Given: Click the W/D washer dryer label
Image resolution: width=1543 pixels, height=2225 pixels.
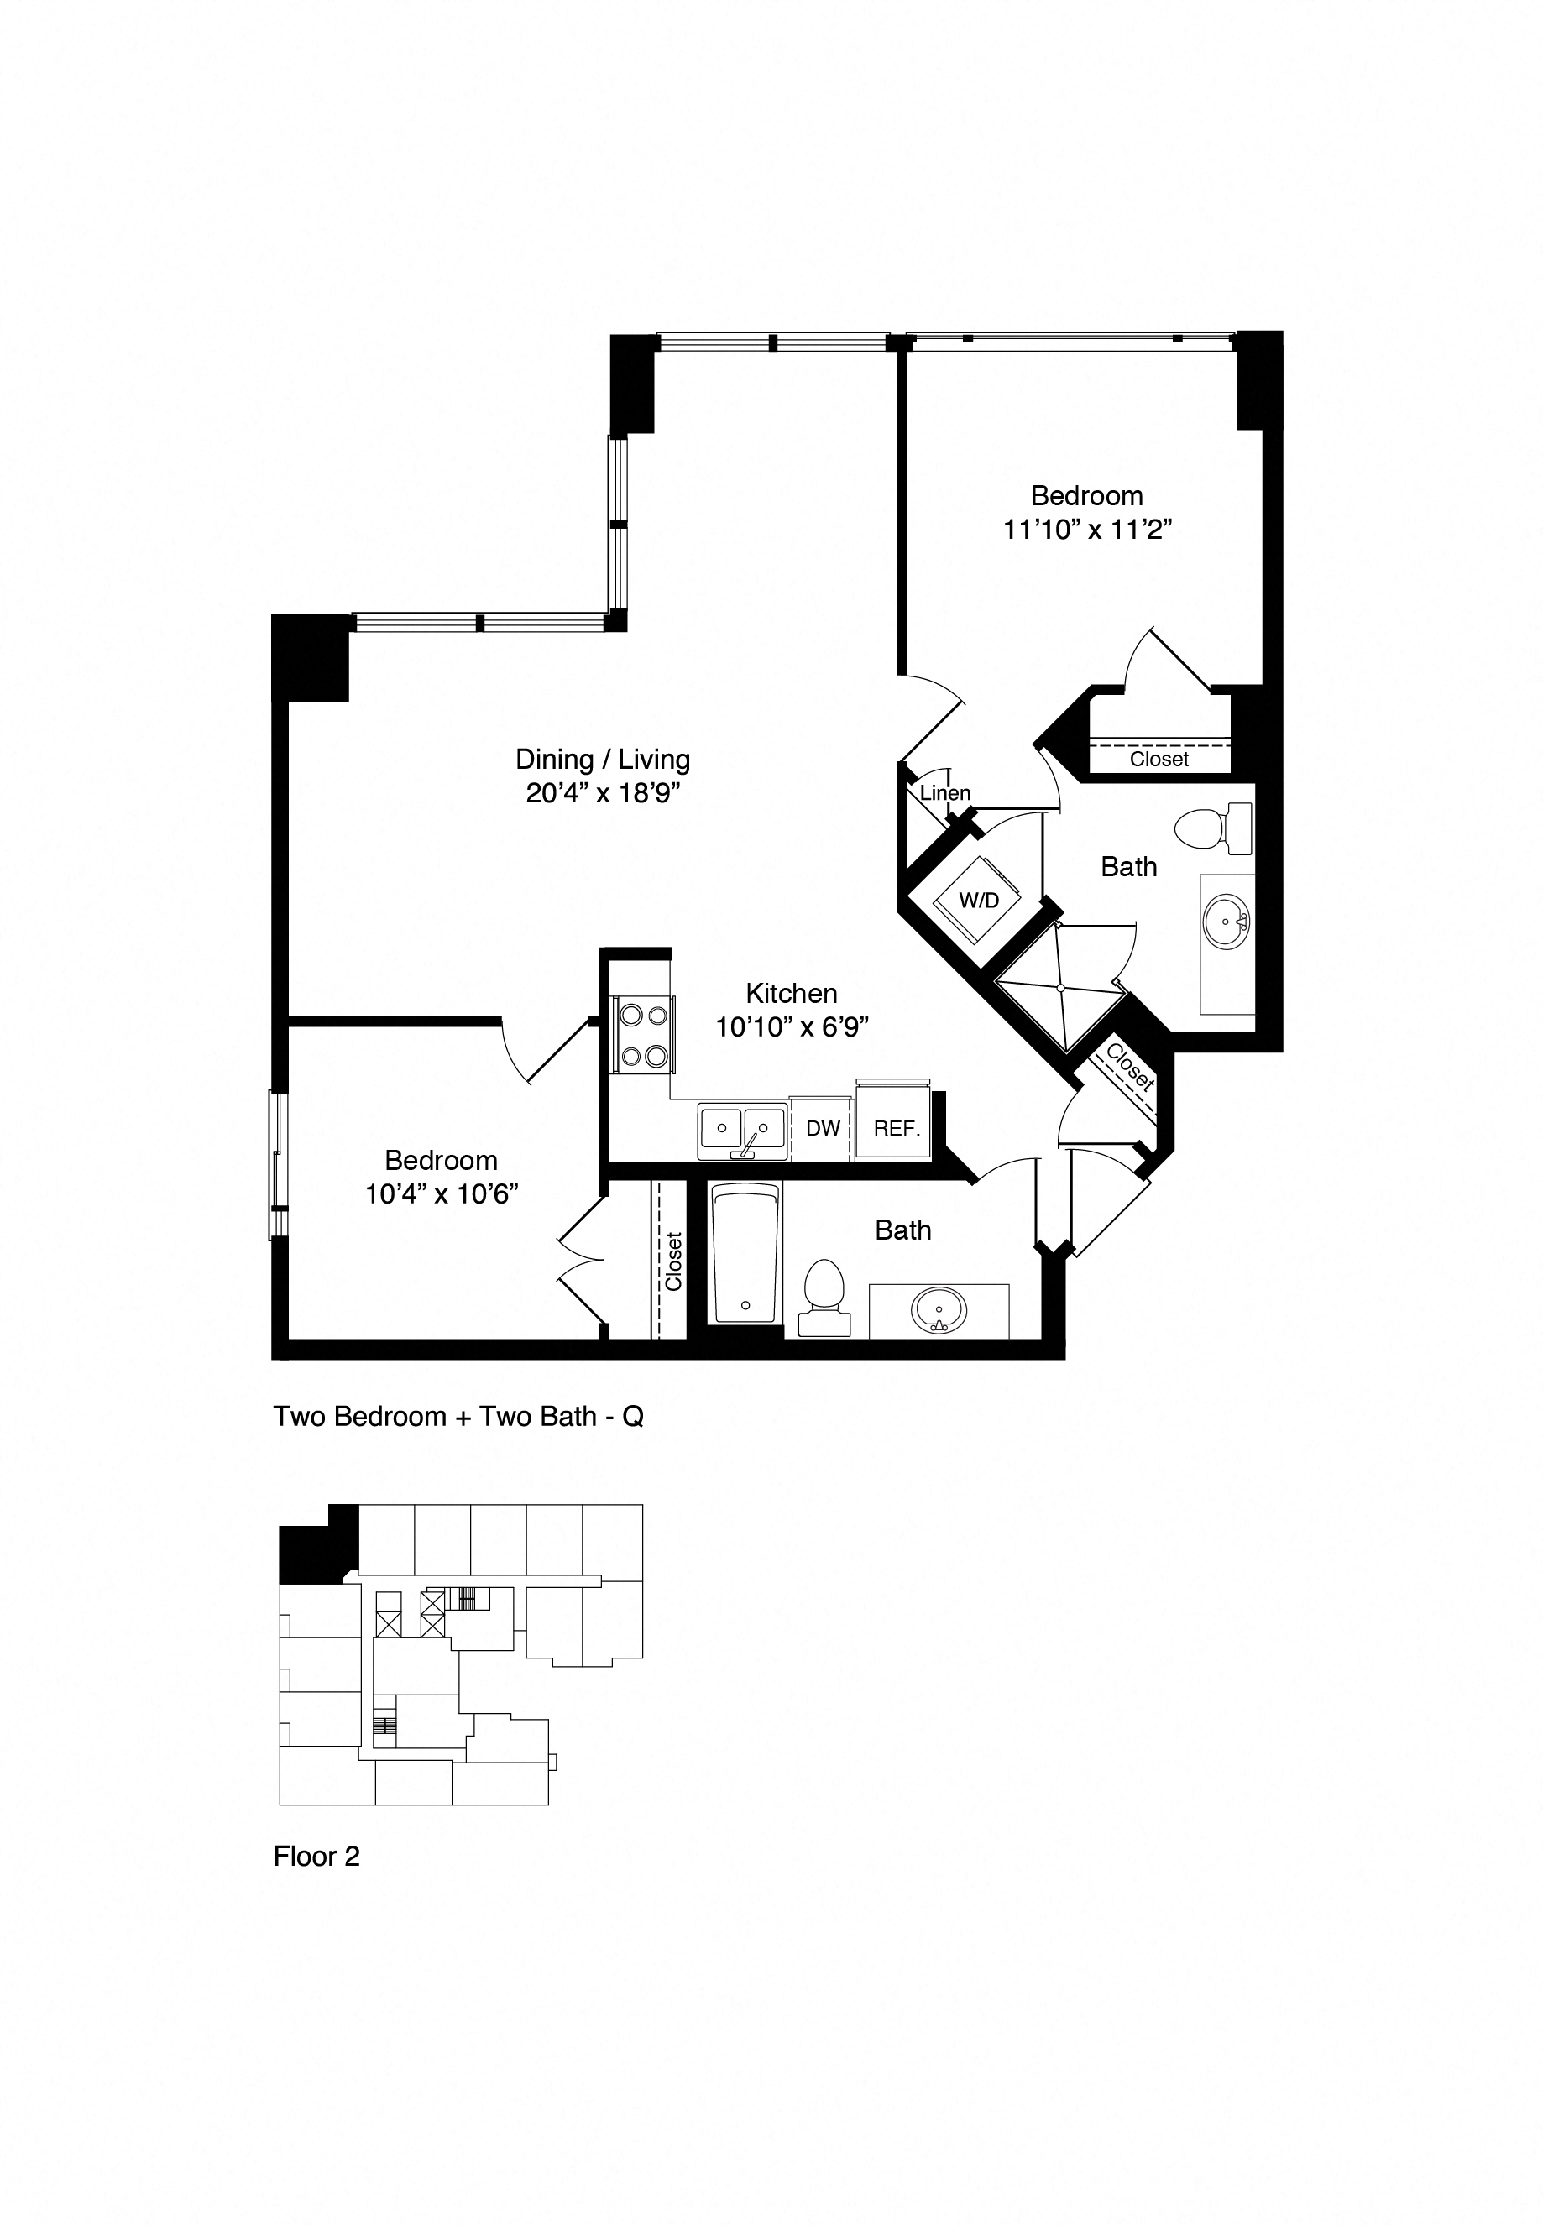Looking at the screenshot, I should (x=978, y=900).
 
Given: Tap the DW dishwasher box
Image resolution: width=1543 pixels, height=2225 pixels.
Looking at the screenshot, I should (x=823, y=1128).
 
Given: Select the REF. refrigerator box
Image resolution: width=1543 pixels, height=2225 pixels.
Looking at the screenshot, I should (x=895, y=1128).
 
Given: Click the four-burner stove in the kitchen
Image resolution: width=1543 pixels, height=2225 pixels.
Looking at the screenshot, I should (x=643, y=1035).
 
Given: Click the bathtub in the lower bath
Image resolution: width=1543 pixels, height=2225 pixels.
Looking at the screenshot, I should (x=745, y=1254).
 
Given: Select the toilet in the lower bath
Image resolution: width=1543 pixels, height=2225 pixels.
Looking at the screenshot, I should (x=824, y=1298).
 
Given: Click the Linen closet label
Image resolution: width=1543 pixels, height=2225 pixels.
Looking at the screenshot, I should (x=944, y=792).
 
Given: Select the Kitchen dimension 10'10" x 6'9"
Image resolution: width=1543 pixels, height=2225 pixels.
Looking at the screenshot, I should (x=792, y=1026).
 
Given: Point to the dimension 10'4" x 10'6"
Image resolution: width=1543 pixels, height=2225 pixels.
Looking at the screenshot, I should (x=441, y=1193).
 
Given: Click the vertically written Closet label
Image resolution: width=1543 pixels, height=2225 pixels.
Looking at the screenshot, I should (x=673, y=1261).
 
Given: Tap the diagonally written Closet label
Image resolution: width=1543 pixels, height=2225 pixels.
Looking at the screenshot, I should (x=1129, y=1067).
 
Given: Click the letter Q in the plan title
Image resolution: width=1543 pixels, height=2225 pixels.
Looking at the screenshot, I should (x=632, y=1417).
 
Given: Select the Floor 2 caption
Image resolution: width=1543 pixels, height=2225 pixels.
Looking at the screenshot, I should (x=316, y=1857).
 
